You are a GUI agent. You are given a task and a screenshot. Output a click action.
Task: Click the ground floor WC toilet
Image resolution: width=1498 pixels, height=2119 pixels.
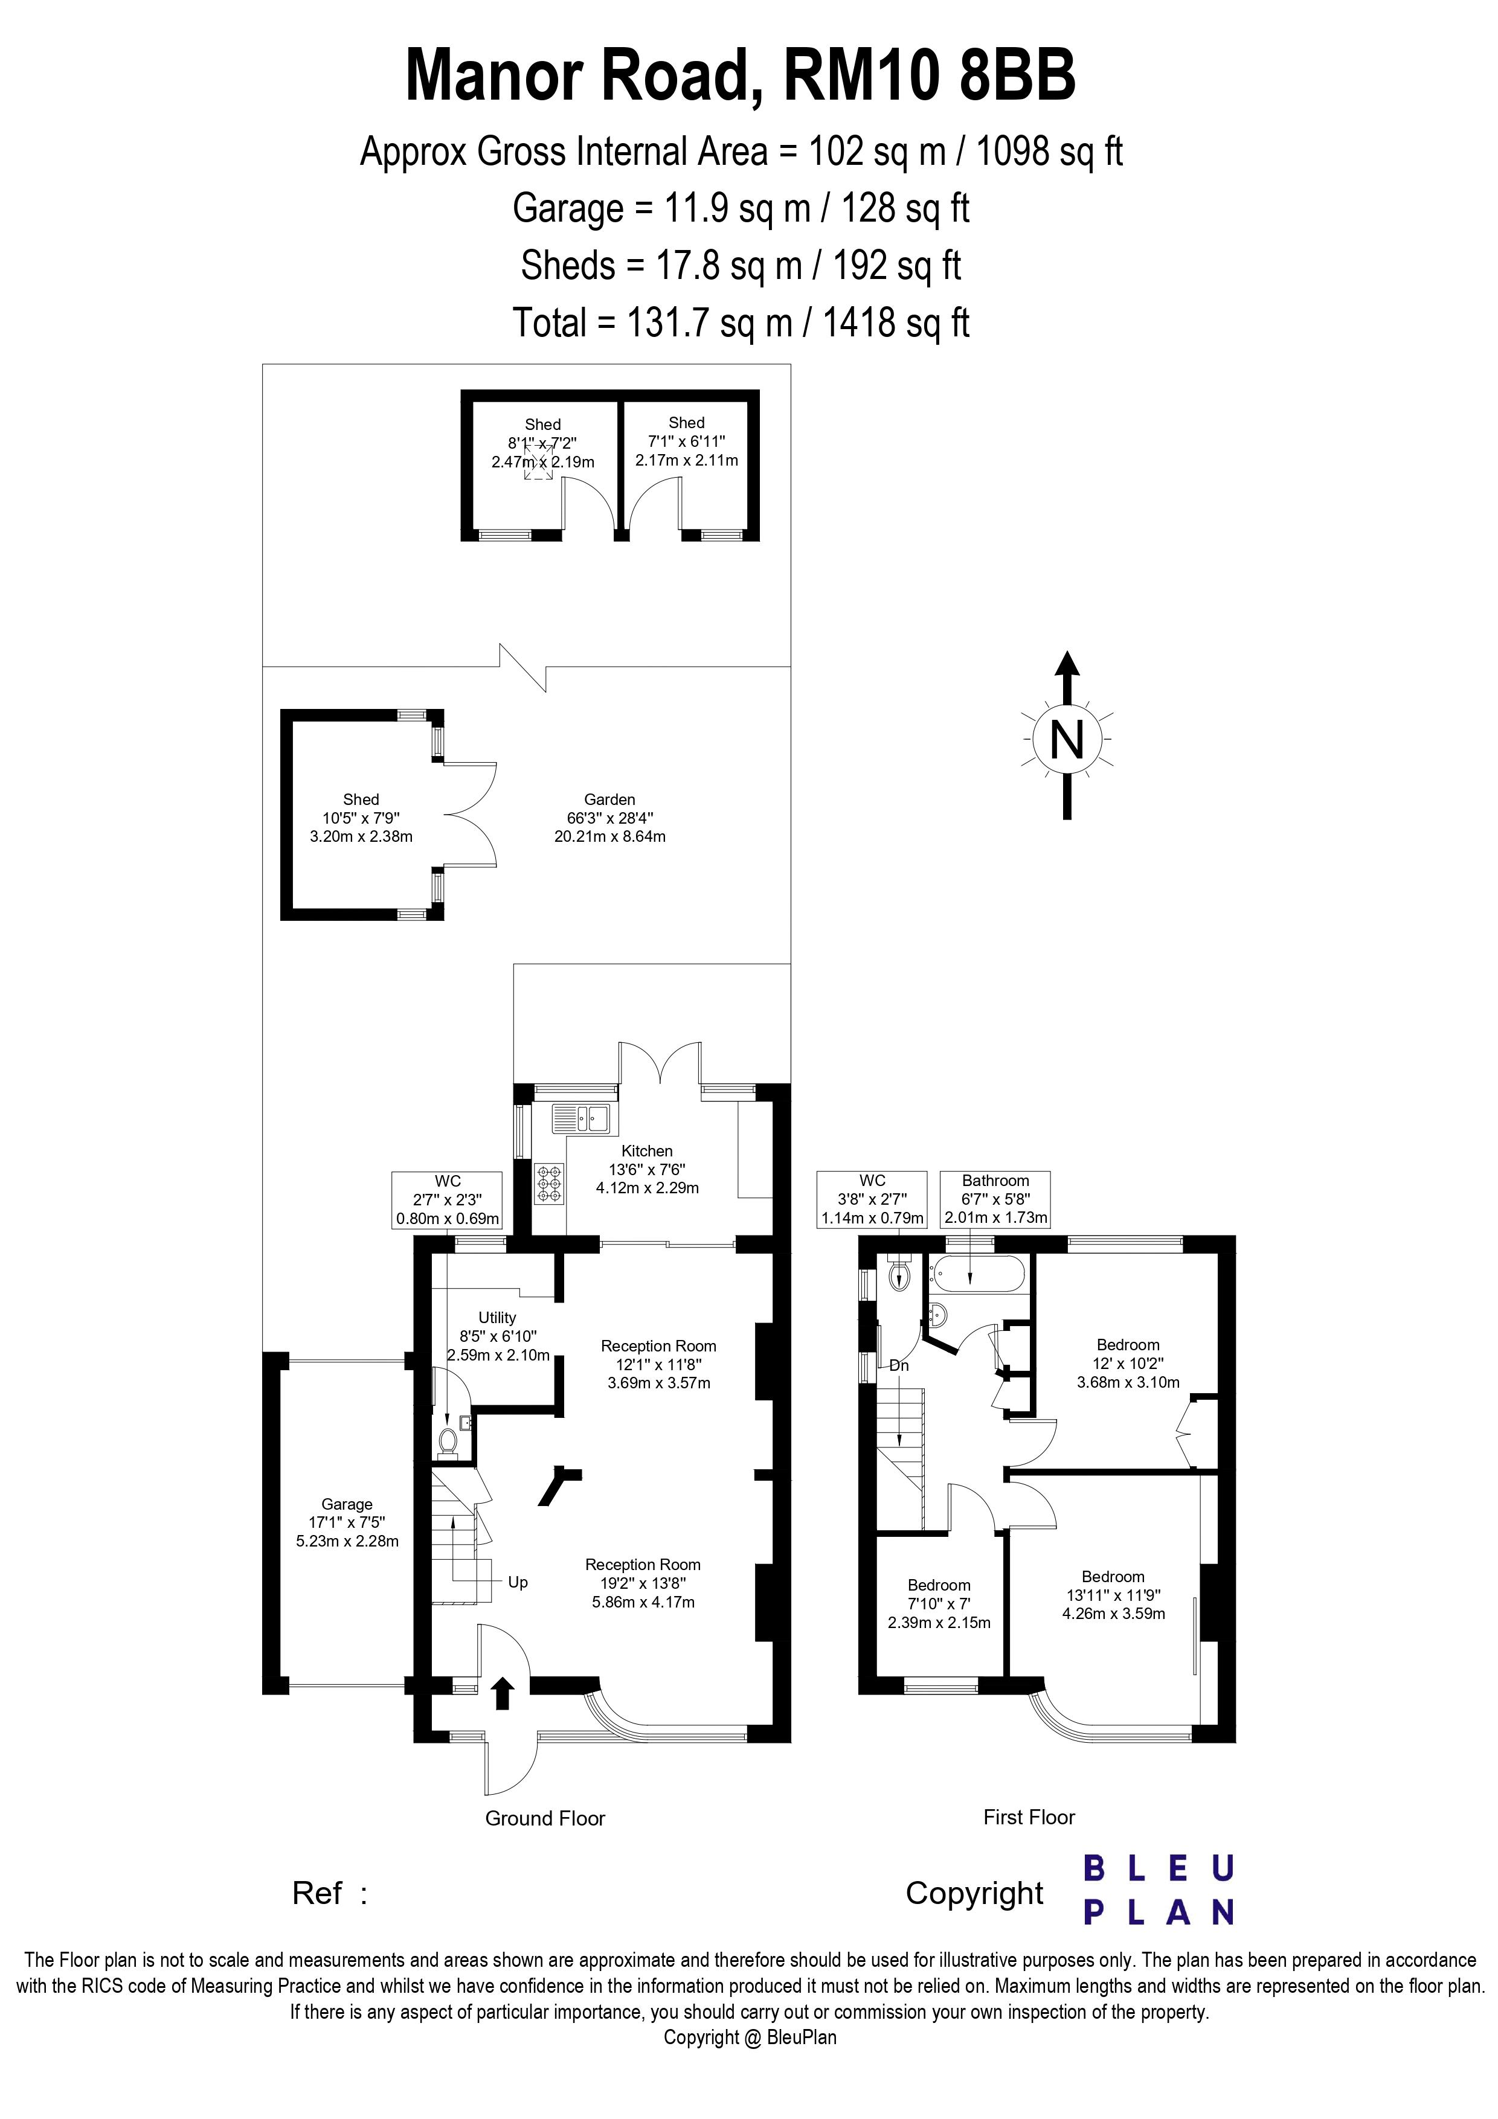pyautogui.click(x=449, y=1441)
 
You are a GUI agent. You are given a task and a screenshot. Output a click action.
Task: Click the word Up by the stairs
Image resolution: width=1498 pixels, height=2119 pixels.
pyautogui.click(x=518, y=1582)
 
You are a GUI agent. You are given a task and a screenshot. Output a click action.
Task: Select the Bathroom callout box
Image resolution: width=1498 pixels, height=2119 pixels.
pyautogui.click(x=995, y=1199)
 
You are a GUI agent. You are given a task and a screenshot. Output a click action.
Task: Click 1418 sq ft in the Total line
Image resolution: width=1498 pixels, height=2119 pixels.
pyautogui.click(x=895, y=323)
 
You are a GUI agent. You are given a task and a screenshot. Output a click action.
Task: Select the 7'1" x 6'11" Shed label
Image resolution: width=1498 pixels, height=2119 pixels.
pyautogui.click(x=687, y=441)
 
